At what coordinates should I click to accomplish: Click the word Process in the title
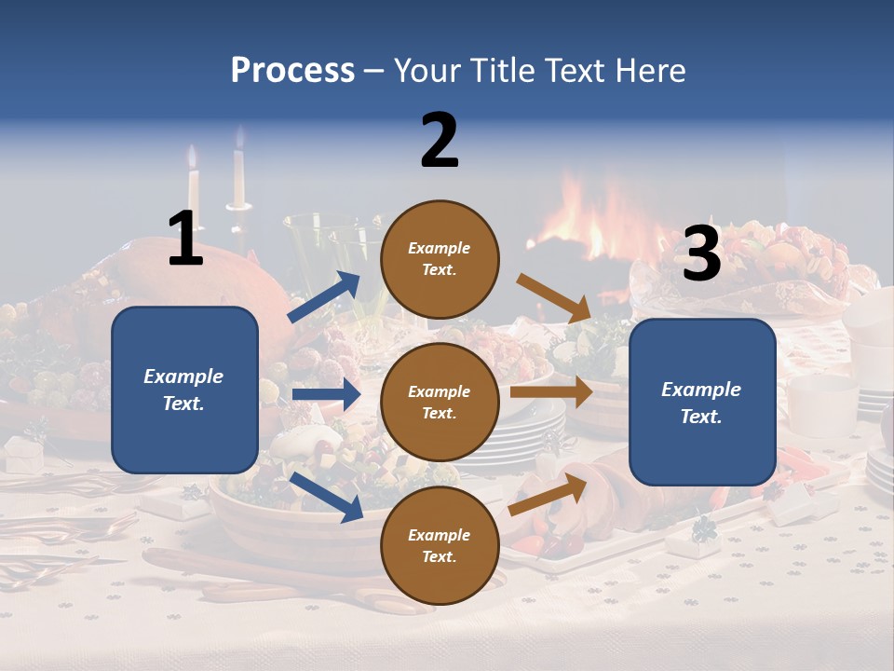coord(292,71)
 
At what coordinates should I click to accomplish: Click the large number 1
coord(185,239)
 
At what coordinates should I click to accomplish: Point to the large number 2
coord(440,141)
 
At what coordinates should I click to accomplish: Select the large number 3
coord(701,253)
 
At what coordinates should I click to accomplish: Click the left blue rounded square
coord(184,390)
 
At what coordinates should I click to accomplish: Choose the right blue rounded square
coord(702,403)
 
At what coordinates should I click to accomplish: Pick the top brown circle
coord(440,259)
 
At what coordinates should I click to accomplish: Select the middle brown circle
coord(440,403)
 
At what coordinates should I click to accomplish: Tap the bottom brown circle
coord(440,546)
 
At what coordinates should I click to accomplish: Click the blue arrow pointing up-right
coord(324,298)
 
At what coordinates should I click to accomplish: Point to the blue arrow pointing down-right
coord(326,496)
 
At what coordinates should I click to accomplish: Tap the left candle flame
coord(194,157)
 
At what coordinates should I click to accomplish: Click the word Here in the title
coord(652,71)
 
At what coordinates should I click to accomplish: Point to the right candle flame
coord(238,139)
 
